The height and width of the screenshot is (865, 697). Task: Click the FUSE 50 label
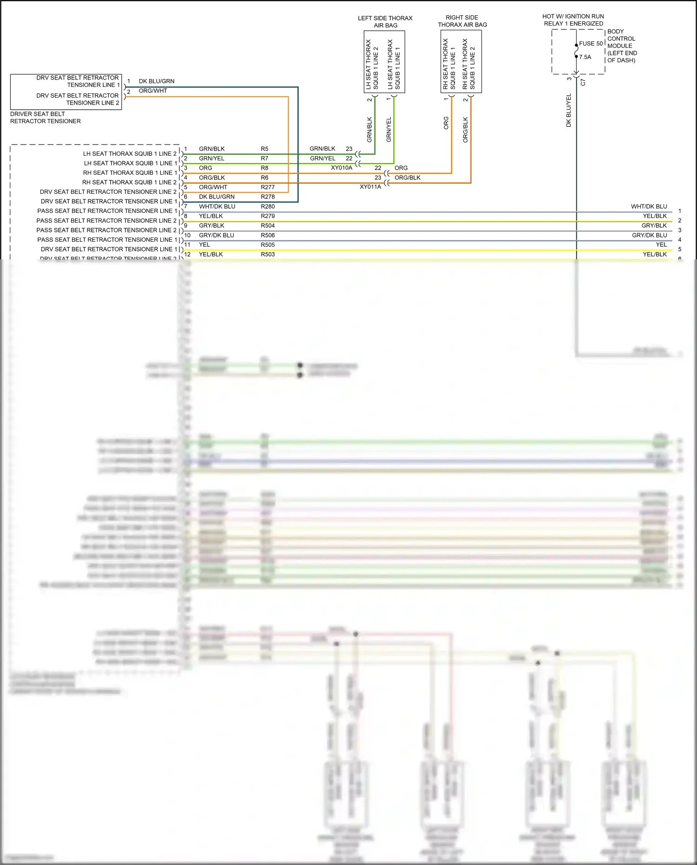(x=591, y=44)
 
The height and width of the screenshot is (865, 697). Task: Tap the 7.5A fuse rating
(x=585, y=57)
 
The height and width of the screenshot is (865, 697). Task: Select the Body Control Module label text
(x=622, y=46)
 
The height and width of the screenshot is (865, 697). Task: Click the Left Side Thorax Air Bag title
(x=385, y=22)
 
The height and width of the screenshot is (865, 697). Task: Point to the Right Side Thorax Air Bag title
(x=462, y=21)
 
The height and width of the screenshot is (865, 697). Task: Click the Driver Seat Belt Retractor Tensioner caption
(x=46, y=118)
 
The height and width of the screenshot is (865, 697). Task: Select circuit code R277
(x=268, y=187)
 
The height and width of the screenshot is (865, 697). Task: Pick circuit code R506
(x=268, y=235)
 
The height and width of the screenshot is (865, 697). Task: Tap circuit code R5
(x=264, y=149)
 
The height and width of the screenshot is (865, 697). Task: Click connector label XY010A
(x=342, y=168)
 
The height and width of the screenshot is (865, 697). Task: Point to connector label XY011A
(x=370, y=187)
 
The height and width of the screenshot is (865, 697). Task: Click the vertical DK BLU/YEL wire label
(x=568, y=110)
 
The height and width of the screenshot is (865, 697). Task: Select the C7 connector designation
(x=583, y=82)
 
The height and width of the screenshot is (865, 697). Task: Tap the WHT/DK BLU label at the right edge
(x=649, y=206)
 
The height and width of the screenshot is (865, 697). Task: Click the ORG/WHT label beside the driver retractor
(x=153, y=91)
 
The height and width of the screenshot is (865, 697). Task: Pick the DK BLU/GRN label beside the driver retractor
(x=157, y=81)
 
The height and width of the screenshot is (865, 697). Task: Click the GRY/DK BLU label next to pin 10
(x=217, y=235)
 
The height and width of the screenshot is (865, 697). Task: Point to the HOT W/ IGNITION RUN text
(x=573, y=16)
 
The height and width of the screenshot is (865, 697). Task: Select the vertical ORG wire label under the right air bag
(x=446, y=123)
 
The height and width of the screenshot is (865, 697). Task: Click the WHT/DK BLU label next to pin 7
(x=217, y=206)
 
